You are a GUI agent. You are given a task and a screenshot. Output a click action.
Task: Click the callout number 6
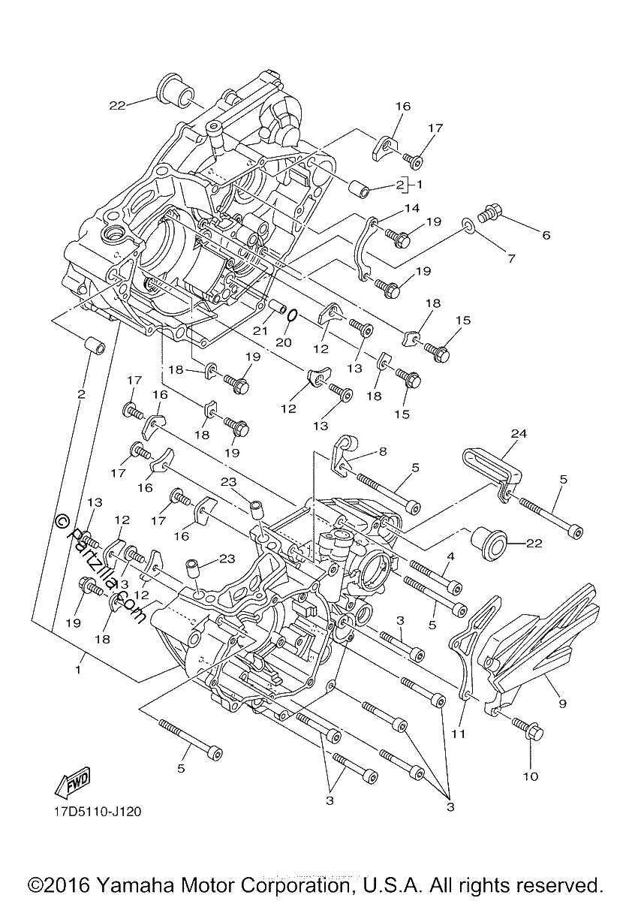click(x=546, y=235)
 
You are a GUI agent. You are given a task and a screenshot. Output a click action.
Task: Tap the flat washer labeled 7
click(x=468, y=226)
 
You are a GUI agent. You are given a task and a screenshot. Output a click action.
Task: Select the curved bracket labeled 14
click(x=367, y=249)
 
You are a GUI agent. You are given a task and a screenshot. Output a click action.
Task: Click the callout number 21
click(x=260, y=331)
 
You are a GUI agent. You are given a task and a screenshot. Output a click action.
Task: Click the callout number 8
click(x=382, y=452)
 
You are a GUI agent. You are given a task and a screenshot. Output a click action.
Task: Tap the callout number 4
click(x=450, y=556)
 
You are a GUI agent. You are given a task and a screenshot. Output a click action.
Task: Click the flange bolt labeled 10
click(x=527, y=728)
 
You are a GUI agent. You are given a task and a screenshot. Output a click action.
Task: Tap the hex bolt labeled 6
click(x=487, y=213)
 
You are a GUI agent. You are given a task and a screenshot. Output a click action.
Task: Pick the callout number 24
click(x=519, y=434)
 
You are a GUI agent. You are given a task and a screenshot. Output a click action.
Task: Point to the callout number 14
click(x=411, y=209)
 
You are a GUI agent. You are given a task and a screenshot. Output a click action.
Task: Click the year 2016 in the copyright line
click(x=67, y=885)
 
